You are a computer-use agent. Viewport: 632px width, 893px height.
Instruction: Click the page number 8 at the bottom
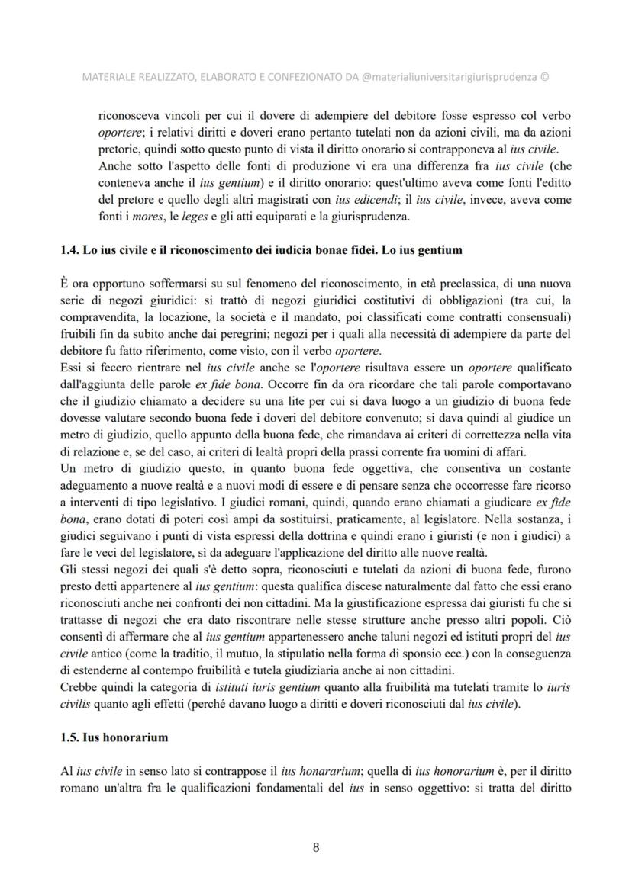tap(316, 846)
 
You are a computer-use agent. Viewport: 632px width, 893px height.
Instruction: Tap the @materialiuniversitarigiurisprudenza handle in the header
tap(449, 76)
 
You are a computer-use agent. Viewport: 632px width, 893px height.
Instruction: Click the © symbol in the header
tap(544, 76)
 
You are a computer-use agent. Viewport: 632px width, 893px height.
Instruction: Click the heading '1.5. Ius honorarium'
tap(114, 737)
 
